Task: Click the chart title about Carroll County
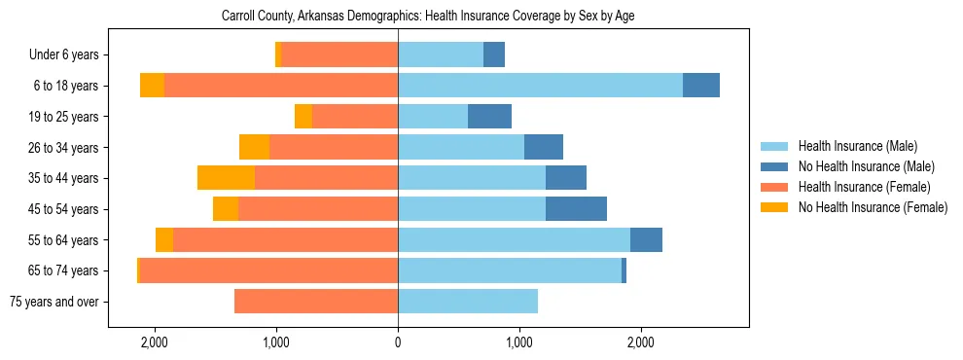[x=428, y=16]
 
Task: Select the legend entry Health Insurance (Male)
[x=857, y=146]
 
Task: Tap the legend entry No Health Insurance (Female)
[x=873, y=207]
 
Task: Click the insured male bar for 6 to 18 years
[x=540, y=86]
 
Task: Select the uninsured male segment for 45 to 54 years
[x=576, y=208]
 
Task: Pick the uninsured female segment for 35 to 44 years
[x=226, y=178]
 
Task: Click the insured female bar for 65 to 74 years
[x=268, y=270]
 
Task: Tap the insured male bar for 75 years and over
[x=468, y=302]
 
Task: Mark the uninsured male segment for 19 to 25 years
[x=489, y=117]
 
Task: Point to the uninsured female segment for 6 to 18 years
[x=152, y=86]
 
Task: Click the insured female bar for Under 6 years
[x=339, y=55]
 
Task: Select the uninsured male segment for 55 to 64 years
[x=646, y=239]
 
